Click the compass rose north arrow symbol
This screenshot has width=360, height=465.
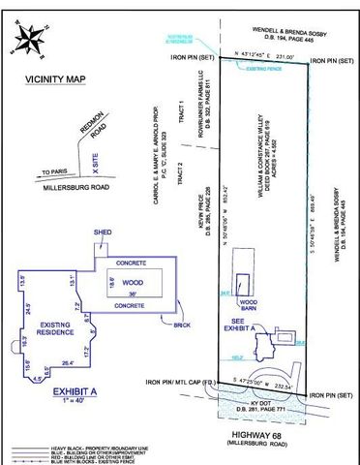[x=27, y=39]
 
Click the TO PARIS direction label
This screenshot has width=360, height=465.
[x=56, y=171]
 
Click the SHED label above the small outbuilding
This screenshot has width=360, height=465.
[x=101, y=232]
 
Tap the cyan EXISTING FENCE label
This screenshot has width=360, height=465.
[x=259, y=71]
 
